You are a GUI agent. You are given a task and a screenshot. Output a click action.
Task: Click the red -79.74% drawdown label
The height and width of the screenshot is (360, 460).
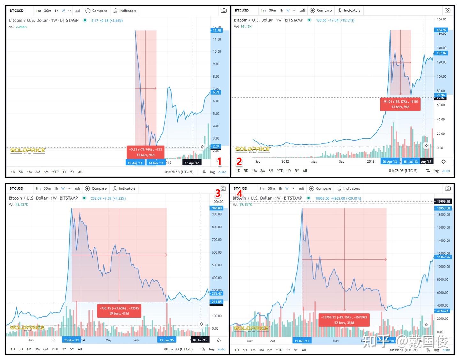[x=145, y=152]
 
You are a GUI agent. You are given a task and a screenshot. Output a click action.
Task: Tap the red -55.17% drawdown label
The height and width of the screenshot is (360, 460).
[x=400, y=104]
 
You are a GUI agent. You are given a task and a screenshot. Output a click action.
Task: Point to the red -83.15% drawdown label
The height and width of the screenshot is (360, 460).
[x=344, y=320]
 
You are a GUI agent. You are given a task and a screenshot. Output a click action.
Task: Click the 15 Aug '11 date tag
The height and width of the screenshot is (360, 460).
[x=135, y=163]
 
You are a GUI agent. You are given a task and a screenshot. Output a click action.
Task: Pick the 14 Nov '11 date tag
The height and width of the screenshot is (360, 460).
[x=156, y=163]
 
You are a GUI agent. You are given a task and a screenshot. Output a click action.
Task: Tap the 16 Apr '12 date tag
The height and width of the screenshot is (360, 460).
[x=192, y=163]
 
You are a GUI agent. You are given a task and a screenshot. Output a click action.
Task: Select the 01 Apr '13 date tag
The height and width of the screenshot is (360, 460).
[x=390, y=162]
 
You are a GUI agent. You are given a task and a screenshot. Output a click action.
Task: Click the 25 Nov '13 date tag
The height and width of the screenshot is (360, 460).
[x=71, y=340]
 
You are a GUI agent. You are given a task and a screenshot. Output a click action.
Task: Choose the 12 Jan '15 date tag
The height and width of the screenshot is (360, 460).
[x=167, y=340]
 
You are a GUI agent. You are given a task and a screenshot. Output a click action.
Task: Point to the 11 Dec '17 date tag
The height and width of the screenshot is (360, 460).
[x=302, y=341]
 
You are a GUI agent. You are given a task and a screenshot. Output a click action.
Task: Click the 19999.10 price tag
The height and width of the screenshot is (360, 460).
[x=443, y=201]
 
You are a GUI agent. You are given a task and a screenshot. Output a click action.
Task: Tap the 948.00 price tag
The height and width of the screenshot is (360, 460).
[x=217, y=208]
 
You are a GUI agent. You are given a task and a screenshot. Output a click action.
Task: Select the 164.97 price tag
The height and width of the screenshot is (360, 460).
[x=441, y=30]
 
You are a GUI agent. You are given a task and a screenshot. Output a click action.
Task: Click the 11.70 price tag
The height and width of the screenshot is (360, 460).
[x=217, y=30]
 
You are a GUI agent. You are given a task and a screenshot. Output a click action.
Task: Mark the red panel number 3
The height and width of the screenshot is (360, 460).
[x=218, y=193]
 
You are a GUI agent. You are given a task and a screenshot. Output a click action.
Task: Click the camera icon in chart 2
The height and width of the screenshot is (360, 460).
[x=448, y=11]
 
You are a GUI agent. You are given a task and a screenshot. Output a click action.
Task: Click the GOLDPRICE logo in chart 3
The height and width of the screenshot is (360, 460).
[x=27, y=328]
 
